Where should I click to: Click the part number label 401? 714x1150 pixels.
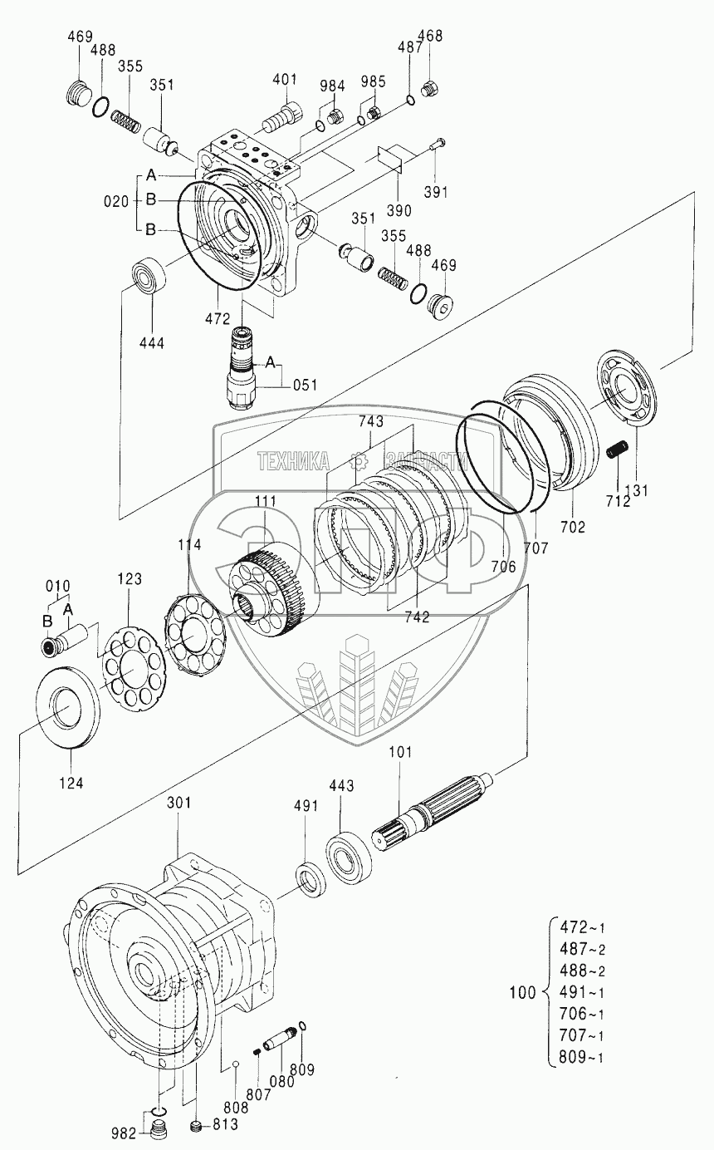point(285,79)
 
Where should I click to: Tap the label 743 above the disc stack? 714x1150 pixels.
point(371,421)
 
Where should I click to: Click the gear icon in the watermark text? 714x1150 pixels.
point(358,461)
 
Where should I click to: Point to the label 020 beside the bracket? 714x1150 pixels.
point(116,202)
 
